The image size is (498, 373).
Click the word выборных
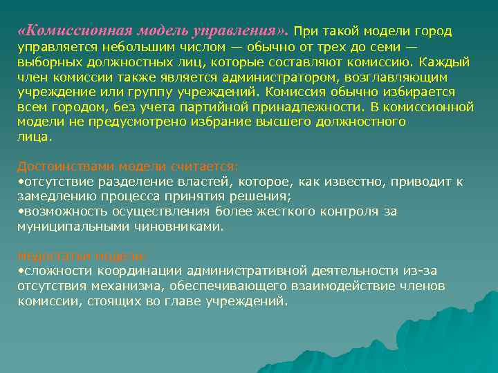click(x=45, y=63)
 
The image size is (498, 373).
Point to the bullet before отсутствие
click(x=20, y=182)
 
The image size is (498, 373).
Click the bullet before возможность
click(x=20, y=211)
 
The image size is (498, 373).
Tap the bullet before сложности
click(x=20, y=271)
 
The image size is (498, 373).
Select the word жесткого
click(x=304, y=211)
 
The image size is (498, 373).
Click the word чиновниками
click(x=184, y=226)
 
